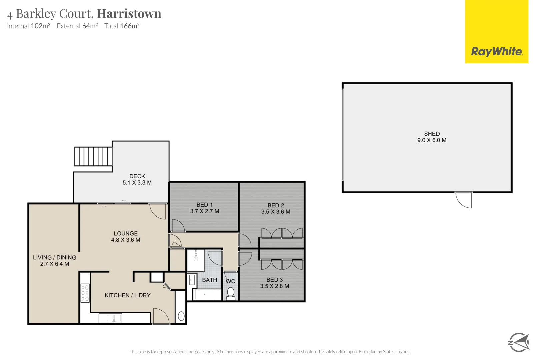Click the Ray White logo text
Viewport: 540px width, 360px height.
point(496,52)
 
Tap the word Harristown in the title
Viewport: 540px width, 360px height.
point(129,14)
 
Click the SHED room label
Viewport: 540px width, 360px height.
point(432,134)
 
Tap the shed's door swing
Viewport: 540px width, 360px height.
point(464,200)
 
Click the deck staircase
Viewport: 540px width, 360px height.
point(93,156)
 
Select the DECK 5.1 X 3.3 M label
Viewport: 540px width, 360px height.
point(137,179)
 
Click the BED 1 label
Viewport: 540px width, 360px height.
point(204,205)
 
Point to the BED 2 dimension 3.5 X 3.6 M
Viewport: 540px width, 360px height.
point(276,212)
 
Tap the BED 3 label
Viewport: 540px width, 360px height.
point(274,280)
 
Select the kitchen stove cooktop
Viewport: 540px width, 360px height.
point(85,293)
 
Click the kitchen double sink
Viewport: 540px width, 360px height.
point(110,318)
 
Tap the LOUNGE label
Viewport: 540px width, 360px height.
point(125,233)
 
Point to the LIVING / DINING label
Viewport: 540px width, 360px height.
point(55,257)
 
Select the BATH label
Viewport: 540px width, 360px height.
point(209,280)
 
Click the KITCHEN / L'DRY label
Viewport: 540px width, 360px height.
point(127,295)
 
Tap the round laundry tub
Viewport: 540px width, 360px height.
point(181,316)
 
